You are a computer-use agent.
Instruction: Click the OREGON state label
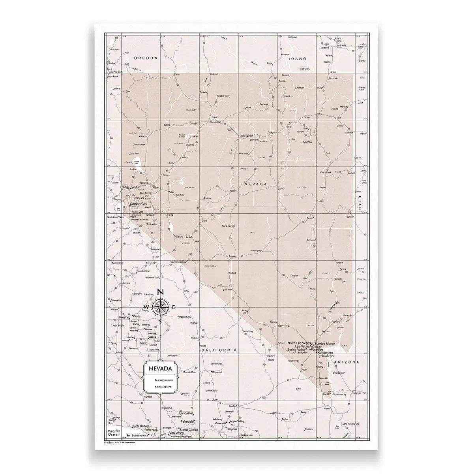point(146,58)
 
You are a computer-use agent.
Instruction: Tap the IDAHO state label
point(298,58)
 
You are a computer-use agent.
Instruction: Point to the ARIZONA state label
point(346,362)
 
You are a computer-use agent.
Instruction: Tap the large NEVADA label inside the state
point(256,184)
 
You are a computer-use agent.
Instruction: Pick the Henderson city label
point(322,352)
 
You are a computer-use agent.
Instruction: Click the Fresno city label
point(124,317)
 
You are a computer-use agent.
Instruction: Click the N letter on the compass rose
point(160,292)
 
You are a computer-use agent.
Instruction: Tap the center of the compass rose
point(160,307)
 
